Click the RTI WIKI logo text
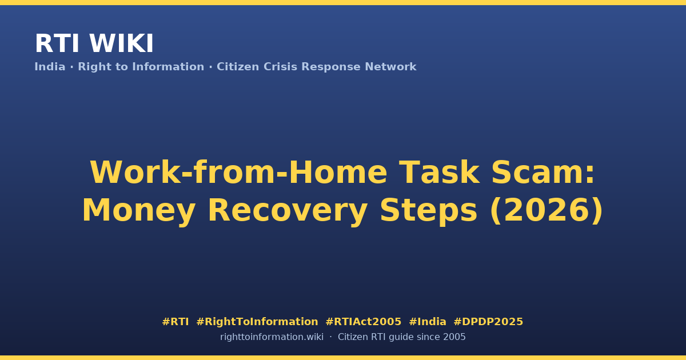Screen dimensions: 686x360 click(x=94, y=43)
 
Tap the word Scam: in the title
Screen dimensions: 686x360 click(x=543, y=173)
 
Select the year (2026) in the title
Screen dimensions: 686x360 click(x=547, y=210)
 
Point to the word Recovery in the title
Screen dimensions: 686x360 click(x=288, y=210)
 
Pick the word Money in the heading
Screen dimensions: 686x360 click(x=139, y=210)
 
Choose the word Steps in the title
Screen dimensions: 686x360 click(x=428, y=210)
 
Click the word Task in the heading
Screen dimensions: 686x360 click(x=439, y=173)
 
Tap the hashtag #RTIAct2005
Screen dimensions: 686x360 click(x=363, y=322)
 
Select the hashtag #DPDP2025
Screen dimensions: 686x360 click(x=488, y=322)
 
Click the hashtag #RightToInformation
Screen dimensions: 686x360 click(x=257, y=322)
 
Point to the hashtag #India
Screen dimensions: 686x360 click(x=428, y=322)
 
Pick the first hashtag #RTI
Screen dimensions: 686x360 click(x=175, y=322)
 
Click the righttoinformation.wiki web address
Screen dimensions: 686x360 click(x=272, y=337)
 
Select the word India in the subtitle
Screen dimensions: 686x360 click(x=50, y=67)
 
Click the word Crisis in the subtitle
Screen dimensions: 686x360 click(x=280, y=67)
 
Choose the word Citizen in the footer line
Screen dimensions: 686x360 click(x=353, y=337)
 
